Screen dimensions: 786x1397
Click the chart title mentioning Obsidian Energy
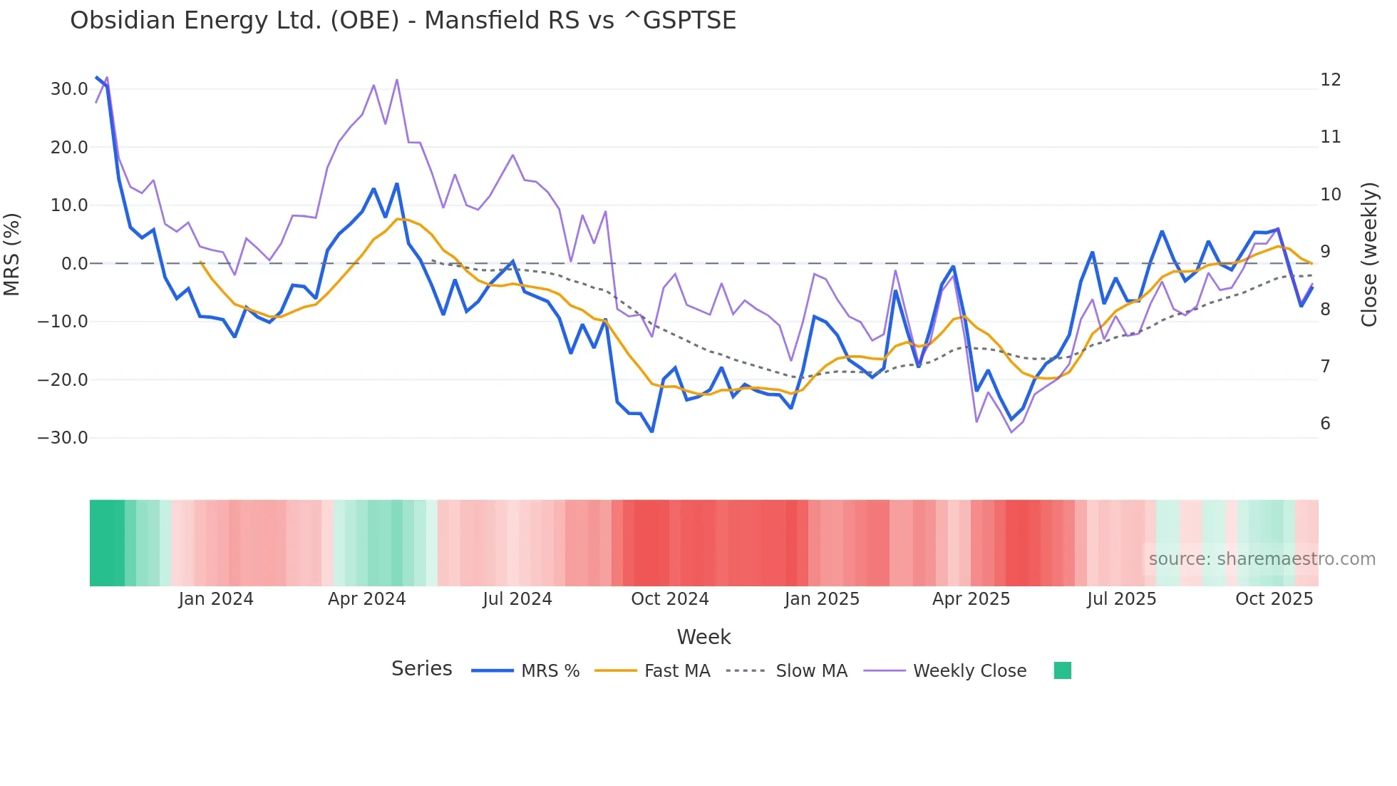(403, 21)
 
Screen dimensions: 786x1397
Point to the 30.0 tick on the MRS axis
(69, 89)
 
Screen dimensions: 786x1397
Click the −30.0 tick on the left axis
(63, 438)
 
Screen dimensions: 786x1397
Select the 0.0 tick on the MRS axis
(74, 264)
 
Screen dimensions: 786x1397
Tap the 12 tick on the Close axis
(1330, 80)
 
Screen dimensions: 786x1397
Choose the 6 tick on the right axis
(1325, 424)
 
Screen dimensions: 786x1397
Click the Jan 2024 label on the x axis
(216, 599)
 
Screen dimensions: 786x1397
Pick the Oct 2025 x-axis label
(1274, 599)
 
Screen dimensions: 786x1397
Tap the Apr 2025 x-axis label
(971, 599)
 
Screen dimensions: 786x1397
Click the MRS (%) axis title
(12, 255)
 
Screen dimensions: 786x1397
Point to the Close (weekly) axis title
(1368, 255)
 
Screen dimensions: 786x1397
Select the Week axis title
(703, 637)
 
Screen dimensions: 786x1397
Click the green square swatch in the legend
(1062, 671)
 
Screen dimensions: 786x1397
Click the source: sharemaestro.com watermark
(1262, 559)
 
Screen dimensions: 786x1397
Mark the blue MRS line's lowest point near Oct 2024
(651, 432)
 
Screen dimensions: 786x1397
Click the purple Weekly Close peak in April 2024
(397, 80)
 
